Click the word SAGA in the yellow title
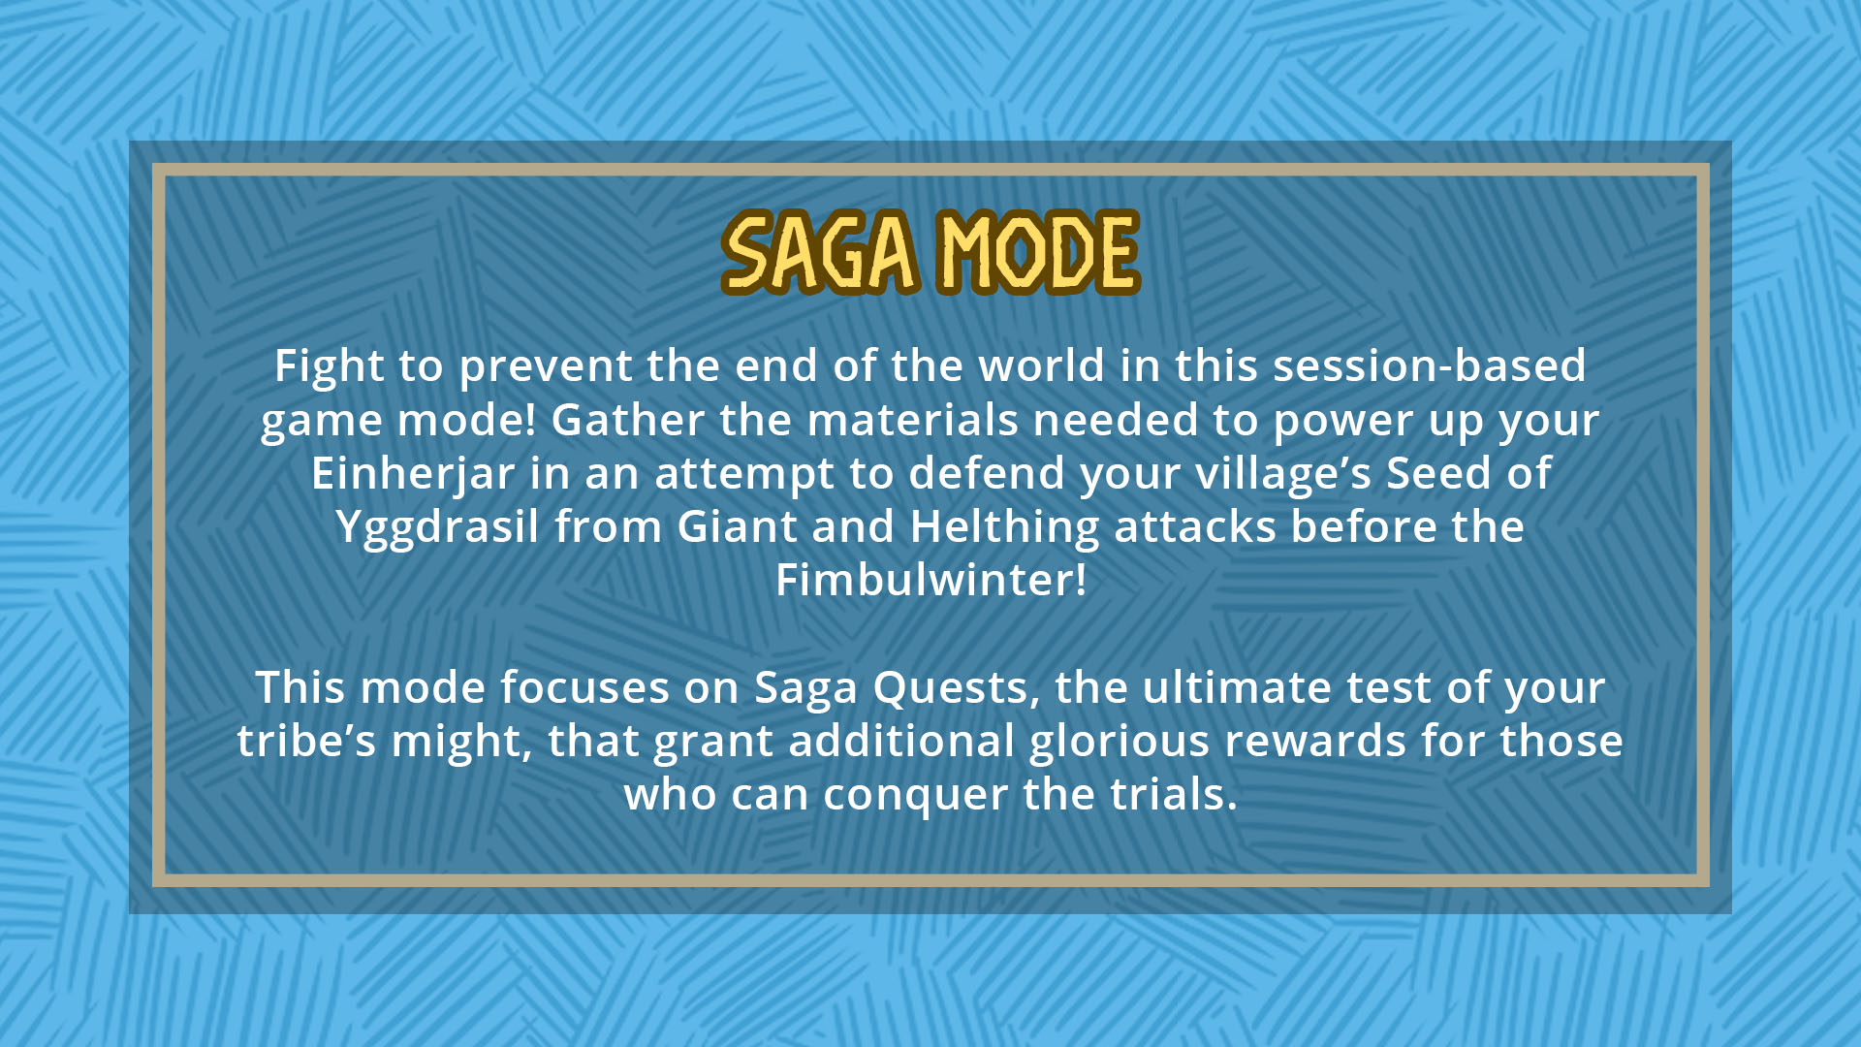[x=820, y=252]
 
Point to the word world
[x=1042, y=365]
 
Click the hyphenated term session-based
[x=1429, y=365]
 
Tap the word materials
[x=913, y=420]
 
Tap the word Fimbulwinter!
[x=930, y=580]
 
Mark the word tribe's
[x=306, y=741]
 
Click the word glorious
[x=1120, y=743]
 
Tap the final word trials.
[x=1174, y=794]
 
